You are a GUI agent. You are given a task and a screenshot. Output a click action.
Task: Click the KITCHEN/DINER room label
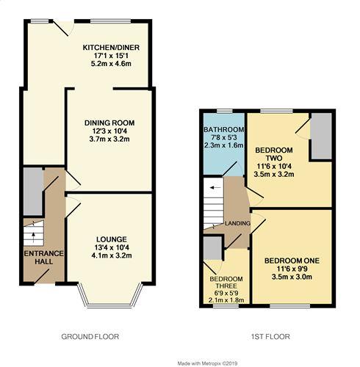[111, 48]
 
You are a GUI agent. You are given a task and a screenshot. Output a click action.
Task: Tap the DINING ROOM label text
[109, 123]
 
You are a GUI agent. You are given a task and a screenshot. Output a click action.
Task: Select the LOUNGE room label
[111, 239]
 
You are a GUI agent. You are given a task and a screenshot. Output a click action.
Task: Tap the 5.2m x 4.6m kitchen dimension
[111, 65]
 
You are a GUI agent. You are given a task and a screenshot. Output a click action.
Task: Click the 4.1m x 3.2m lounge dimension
[111, 256]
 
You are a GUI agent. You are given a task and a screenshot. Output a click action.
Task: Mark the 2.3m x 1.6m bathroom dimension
[223, 145]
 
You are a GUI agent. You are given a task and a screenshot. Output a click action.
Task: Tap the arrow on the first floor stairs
[213, 188]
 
